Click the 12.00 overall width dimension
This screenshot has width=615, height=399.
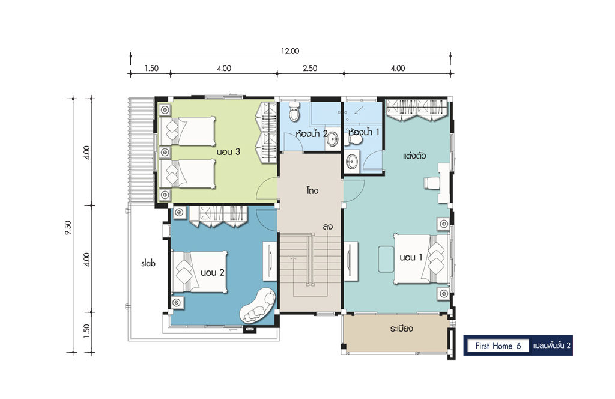(290, 51)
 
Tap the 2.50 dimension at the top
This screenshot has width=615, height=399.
(310, 69)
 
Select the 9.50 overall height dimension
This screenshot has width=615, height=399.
(68, 227)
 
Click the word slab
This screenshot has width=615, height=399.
(148, 263)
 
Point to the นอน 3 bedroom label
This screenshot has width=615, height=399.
(228, 151)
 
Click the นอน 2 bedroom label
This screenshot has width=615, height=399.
(212, 272)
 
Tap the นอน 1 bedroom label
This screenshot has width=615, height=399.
(411, 257)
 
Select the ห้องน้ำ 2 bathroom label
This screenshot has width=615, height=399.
(312, 133)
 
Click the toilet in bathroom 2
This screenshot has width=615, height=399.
(294, 111)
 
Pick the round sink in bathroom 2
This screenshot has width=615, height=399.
(333, 138)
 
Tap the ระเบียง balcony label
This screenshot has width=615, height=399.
(401, 329)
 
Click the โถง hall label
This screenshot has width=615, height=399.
(312, 191)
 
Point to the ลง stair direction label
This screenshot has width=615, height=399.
(328, 227)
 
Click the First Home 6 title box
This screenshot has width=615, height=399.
(498, 346)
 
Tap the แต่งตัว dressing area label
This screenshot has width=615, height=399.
(414, 156)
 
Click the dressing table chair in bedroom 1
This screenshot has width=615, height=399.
(431, 183)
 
